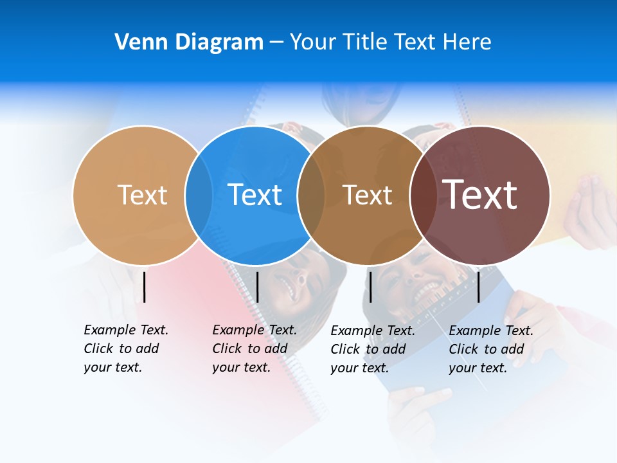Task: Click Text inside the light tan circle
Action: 142,195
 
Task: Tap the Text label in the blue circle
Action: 255,195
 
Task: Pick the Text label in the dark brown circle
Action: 367,195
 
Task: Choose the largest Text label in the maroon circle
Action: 479,195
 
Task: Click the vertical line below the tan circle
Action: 145,287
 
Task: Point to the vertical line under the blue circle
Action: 257,287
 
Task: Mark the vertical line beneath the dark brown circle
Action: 370,287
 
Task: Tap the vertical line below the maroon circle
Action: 478,287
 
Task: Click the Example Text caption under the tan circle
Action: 126,348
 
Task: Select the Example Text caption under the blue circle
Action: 255,348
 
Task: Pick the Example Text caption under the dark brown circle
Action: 373,349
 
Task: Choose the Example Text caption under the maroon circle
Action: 491,349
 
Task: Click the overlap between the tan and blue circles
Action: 199,195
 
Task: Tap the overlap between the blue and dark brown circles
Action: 311,195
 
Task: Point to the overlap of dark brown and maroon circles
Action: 423,195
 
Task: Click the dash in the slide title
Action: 276,42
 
